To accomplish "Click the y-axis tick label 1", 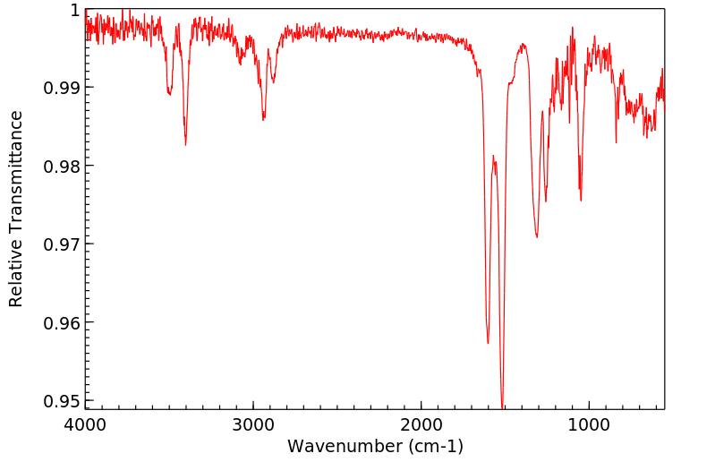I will (x=74, y=10).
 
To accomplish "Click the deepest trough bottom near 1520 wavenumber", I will (x=502, y=406).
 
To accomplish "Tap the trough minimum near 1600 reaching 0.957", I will (x=488, y=343).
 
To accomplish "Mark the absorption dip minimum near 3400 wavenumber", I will (x=185, y=144).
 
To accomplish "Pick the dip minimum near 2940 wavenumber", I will (x=263, y=120).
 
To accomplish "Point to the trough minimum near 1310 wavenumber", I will (x=537, y=237).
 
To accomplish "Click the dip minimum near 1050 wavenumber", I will (x=581, y=201).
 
